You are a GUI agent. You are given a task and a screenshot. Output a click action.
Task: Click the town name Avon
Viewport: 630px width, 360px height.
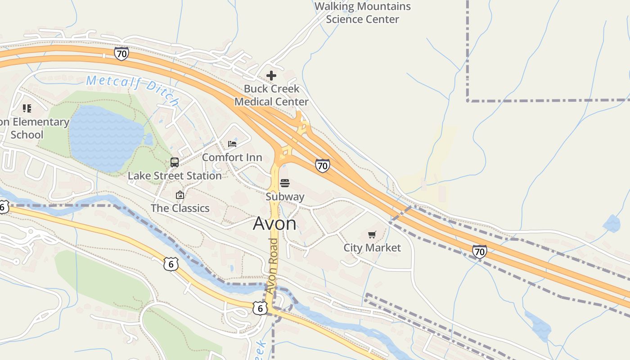coord(274,224)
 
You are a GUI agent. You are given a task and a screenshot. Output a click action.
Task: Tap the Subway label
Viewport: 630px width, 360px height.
coord(285,197)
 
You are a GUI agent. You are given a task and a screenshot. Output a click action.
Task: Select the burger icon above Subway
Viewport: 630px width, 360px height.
coord(284,183)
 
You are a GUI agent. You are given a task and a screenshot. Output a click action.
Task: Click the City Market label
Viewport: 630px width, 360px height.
coord(372,247)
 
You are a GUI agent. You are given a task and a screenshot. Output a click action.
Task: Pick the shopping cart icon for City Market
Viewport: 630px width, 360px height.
coord(372,234)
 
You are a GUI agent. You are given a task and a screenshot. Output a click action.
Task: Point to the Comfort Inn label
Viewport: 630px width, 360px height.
coord(232,157)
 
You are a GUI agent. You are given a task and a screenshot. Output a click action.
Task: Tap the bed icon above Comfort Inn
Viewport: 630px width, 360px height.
coord(232,144)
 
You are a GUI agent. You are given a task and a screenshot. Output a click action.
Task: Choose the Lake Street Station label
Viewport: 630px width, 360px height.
coord(175,175)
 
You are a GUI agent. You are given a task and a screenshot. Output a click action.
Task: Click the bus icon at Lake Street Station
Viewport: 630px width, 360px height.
coord(175,162)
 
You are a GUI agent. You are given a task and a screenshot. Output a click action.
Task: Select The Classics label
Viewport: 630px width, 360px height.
coord(180,208)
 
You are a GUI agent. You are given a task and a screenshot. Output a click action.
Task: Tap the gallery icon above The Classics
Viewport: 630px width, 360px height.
coord(180,195)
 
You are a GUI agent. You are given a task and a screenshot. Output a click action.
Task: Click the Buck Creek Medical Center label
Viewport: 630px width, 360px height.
coord(271,95)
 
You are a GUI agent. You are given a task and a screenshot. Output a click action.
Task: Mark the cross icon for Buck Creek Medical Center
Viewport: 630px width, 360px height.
coord(271,76)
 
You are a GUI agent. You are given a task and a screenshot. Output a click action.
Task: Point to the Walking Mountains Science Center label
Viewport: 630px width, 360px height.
coord(363,13)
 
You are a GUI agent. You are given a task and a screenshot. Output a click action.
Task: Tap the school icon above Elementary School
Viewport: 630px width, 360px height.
coord(27,108)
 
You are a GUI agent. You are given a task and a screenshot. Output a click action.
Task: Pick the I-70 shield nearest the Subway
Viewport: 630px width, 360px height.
coord(322,166)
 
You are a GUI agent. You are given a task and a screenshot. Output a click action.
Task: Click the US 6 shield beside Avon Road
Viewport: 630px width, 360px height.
coord(260,308)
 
